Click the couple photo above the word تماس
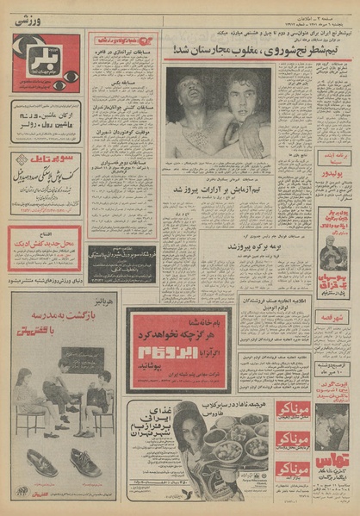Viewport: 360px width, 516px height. pyautogui.click(x=331, y=431)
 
